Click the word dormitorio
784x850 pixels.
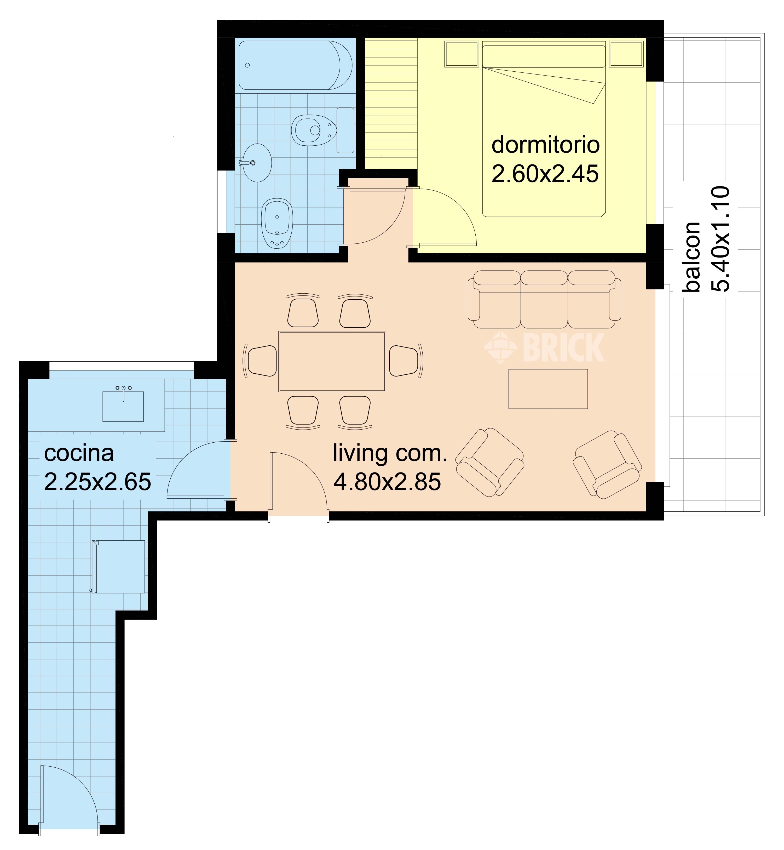click(546, 145)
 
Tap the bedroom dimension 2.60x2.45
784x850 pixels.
click(545, 174)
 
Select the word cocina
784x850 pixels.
click(79, 454)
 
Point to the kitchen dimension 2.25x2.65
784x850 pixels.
click(97, 482)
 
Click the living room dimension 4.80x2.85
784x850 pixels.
click(387, 482)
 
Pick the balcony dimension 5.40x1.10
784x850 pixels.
click(720, 239)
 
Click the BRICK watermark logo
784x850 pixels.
click(544, 347)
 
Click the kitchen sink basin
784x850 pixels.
click(123, 406)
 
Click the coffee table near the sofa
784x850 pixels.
click(548, 389)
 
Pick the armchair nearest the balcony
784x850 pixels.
click(608, 464)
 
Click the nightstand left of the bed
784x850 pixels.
click(462, 54)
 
